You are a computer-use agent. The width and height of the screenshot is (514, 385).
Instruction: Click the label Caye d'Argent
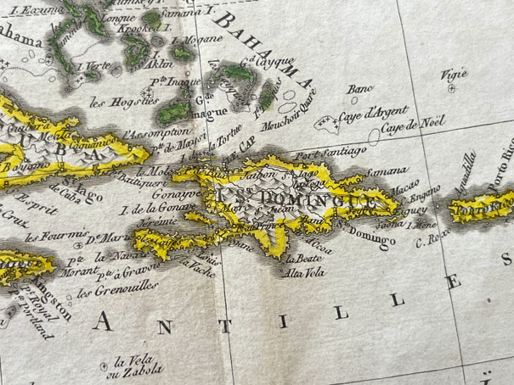pos(375,114)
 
